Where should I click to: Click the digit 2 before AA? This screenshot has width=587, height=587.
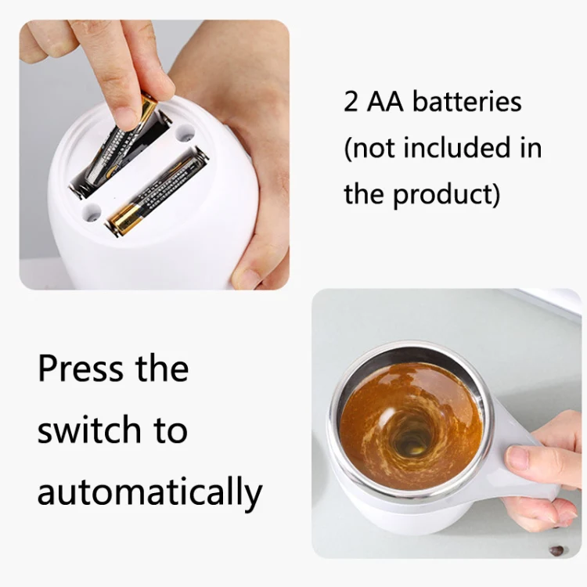coord(351,102)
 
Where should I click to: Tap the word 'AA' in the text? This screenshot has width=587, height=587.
coord(385,102)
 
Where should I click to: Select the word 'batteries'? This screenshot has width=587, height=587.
coord(466,101)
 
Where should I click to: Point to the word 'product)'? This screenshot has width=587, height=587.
coord(446,195)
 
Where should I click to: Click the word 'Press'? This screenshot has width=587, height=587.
coord(80,369)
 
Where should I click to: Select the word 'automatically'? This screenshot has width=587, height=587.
coord(149,492)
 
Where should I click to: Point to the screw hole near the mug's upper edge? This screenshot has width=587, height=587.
coord(185,134)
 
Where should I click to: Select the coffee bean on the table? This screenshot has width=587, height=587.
coord(556,550)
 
